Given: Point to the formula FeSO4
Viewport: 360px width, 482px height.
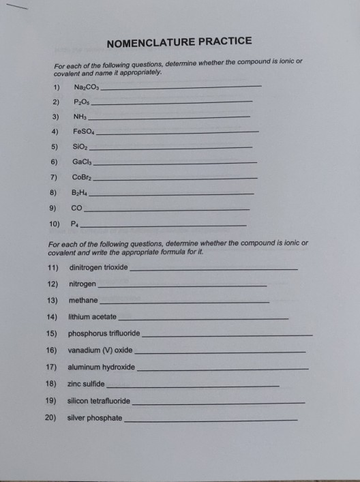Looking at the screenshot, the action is coord(85,131).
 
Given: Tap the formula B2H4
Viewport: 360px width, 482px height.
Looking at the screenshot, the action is coord(81,193).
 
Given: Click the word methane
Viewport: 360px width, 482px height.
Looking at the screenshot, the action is coord(82,300).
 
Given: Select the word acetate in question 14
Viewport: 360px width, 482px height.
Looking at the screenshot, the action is coord(103,317).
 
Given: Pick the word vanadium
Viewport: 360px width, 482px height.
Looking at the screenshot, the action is coord(85,350).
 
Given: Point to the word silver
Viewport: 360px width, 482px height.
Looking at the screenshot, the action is coord(77,417).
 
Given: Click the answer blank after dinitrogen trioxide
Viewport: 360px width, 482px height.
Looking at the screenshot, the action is coord(213,269).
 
